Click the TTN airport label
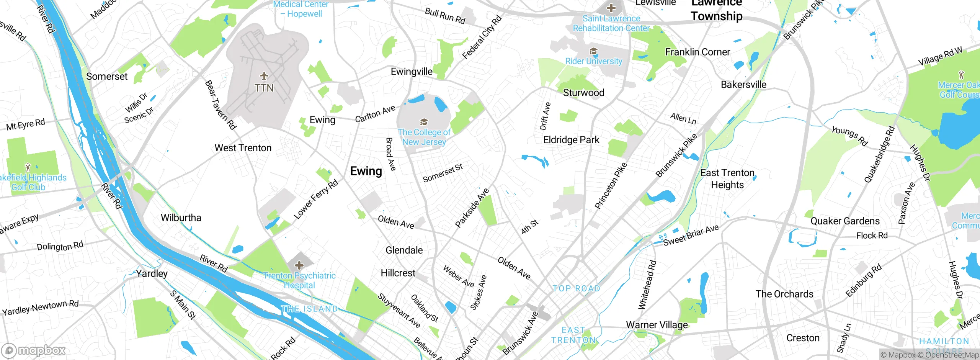[264, 88]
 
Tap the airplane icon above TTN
[264, 75]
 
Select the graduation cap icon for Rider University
[593, 51]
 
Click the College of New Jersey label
[424, 137]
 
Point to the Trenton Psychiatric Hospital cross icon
[299, 265]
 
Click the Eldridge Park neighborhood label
[571, 140]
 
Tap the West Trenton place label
[243, 148]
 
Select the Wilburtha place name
[181, 218]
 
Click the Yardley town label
[152, 273]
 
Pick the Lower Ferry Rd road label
[316, 199]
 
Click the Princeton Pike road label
[611, 186]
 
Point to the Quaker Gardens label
[845, 221]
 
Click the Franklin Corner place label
[697, 52]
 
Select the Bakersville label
[743, 85]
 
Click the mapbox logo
[34, 350]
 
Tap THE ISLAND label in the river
[309, 309]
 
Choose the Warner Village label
[657, 325]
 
